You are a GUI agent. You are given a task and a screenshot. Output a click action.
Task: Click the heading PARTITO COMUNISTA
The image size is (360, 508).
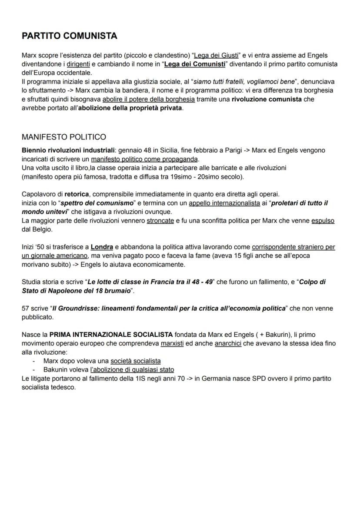[69, 36]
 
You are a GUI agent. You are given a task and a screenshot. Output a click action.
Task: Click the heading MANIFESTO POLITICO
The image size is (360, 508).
[63, 137]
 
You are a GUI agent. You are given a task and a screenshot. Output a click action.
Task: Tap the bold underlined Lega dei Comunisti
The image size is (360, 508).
[195, 64]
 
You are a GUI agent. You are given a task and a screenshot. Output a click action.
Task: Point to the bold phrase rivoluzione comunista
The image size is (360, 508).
[266, 99]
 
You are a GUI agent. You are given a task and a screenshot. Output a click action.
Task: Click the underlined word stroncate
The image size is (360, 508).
[160, 221]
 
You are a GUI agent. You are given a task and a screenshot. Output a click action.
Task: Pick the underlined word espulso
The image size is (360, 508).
[323, 221]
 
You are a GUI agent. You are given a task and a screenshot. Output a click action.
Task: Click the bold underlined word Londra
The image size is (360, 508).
[102, 247]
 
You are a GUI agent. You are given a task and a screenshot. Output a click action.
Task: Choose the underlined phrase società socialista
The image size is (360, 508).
[135, 361]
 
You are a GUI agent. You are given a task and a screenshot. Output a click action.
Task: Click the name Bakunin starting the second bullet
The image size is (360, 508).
[55, 370]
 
